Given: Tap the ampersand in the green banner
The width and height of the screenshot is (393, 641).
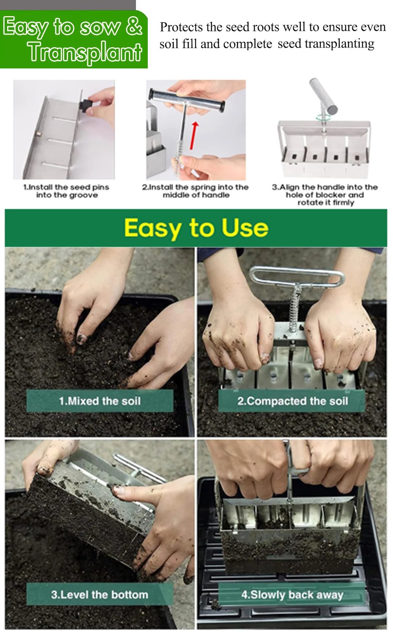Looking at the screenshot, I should pyautogui.click(x=134, y=26).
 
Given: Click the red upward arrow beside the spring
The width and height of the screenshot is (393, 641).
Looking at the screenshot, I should pyautogui.click(x=193, y=135).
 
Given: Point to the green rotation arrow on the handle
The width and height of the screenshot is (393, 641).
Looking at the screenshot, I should pyautogui.click(x=323, y=117).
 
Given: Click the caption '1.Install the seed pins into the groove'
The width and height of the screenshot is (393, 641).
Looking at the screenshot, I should pyautogui.click(x=66, y=191).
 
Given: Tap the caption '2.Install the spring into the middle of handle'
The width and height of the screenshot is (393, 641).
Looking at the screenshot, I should pyautogui.click(x=195, y=191).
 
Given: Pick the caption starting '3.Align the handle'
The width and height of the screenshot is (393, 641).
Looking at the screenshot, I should pyautogui.click(x=325, y=195).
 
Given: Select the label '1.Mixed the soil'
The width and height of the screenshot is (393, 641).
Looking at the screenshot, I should pyautogui.click(x=99, y=401).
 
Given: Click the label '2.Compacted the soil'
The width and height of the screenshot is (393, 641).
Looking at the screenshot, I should pyautogui.click(x=292, y=401).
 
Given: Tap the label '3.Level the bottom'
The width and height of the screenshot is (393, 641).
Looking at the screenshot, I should pyautogui.click(x=99, y=594).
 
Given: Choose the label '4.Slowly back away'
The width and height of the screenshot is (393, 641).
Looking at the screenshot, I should pyautogui.click(x=292, y=595).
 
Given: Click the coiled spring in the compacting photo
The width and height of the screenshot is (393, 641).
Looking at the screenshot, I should pyautogui.click(x=295, y=307).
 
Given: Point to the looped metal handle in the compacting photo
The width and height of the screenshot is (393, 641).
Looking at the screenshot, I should pyautogui.click(x=297, y=275).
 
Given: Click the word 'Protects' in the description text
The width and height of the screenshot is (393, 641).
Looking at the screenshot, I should pyautogui.click(x=181, y=27).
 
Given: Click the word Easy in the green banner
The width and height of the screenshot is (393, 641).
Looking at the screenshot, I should pyautogui.click(x=26, y=27).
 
